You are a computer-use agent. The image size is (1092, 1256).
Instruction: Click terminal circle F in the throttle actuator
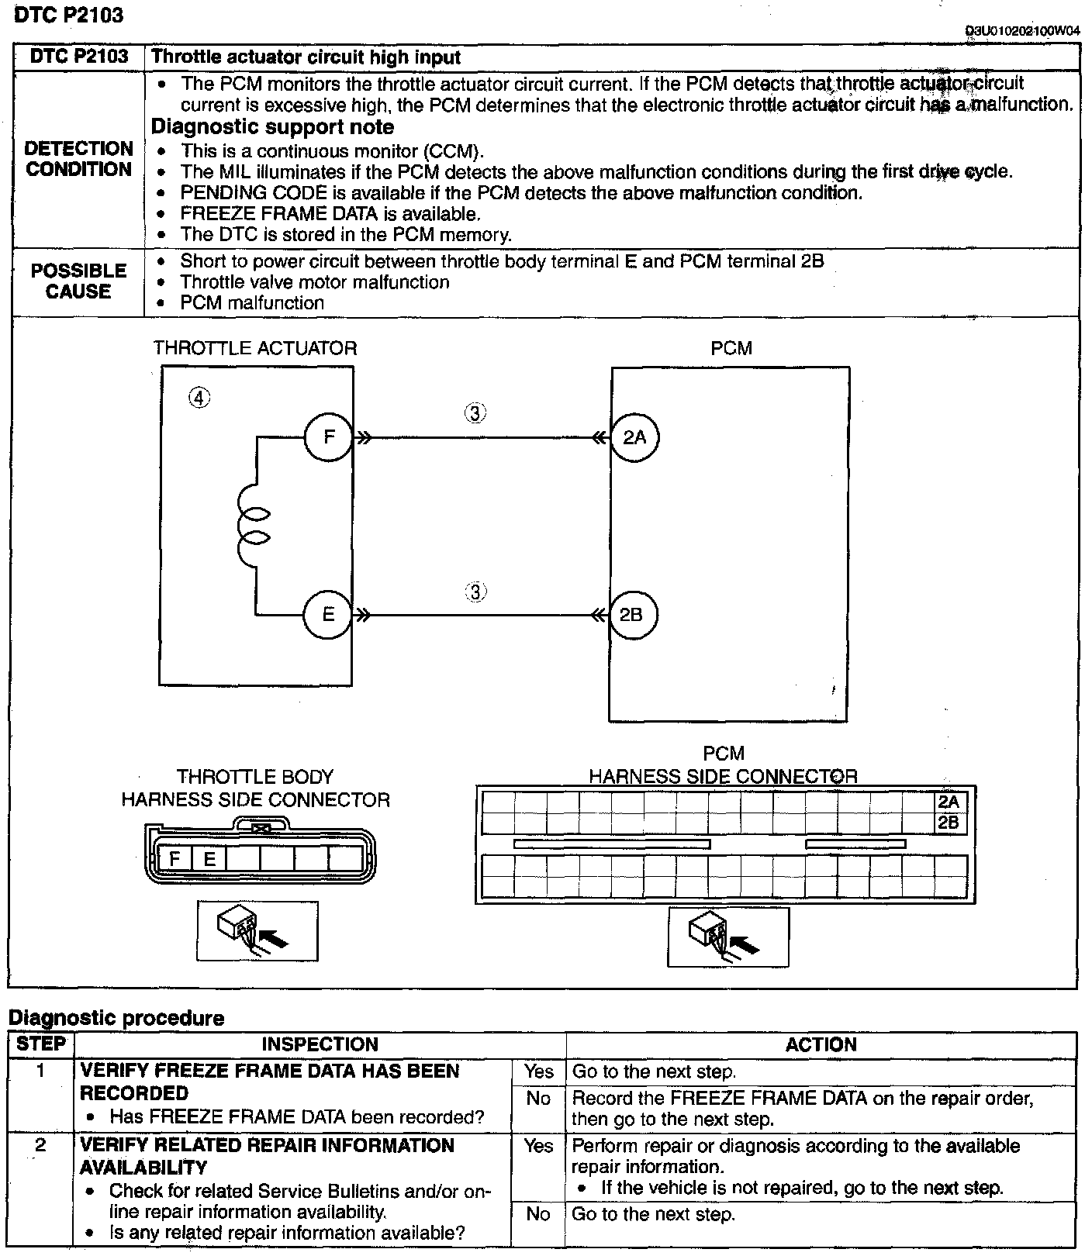329,437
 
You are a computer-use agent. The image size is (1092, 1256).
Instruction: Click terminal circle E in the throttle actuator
328,615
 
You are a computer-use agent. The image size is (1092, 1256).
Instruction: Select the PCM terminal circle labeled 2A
634,437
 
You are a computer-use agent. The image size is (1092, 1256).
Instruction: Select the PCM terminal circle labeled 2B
632,615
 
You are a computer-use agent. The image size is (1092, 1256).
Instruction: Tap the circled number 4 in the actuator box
199,399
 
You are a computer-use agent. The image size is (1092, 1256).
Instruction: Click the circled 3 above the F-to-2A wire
475,413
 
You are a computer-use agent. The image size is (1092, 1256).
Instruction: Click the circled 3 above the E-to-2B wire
475,592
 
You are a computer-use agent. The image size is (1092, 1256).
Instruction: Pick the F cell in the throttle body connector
175,858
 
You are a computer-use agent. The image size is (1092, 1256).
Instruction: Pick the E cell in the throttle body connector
209,858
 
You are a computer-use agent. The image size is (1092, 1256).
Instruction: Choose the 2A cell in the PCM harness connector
949,802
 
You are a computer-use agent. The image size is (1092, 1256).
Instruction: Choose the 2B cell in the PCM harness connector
949,823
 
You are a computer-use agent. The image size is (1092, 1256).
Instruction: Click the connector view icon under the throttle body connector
257,930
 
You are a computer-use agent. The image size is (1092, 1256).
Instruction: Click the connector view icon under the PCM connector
727,937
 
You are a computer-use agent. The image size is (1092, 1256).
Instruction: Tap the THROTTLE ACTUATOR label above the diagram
255,348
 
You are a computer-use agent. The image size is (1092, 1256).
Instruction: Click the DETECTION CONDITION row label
78,159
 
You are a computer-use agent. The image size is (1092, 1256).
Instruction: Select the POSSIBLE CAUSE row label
78,281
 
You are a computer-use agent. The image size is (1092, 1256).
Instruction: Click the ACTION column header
821,1044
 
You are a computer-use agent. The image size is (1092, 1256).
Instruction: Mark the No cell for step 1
538,1099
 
